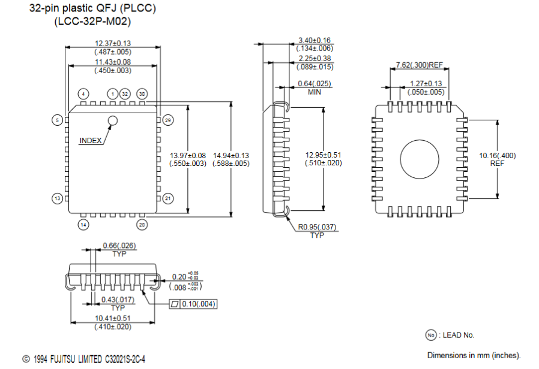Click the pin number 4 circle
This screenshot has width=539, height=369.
(83, 93)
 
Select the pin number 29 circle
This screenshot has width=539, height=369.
(167, 120)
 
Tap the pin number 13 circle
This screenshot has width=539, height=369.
(58, 198)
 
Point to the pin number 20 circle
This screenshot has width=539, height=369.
(142, 225)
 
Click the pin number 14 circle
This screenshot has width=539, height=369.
(83, 225)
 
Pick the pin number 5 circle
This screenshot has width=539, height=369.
(58, 120)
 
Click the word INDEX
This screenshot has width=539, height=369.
(91, 141)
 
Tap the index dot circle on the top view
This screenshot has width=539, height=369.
(112, 121)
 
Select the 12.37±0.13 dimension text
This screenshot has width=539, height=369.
(113, 43)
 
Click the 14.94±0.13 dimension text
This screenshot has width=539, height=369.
(231, 155)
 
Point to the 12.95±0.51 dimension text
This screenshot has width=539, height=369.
(324, 155)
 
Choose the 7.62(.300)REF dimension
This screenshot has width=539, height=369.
(420, 65)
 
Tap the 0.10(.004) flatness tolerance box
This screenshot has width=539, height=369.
(194, 304)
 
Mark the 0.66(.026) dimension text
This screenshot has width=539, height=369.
(118, 246)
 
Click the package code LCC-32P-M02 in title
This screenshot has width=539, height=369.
(92, 22)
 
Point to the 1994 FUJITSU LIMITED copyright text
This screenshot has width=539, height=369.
(84, 359)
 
